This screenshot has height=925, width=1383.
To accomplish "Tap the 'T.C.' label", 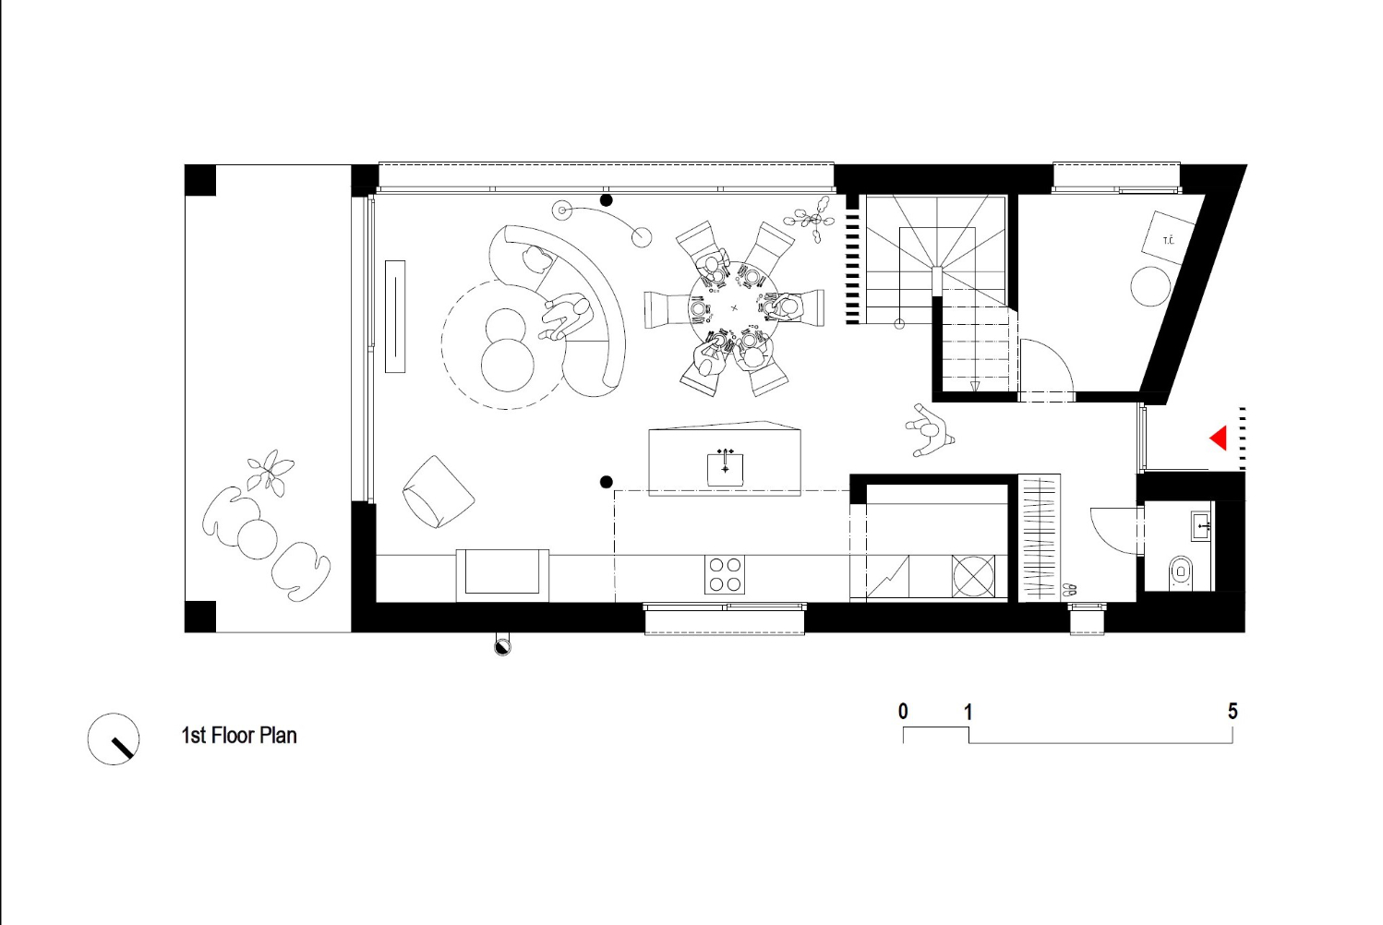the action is [x=1168, y=240].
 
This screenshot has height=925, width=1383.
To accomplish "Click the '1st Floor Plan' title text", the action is [x=239, y=736].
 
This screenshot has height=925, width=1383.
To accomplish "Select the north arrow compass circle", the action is [x=114, y=739].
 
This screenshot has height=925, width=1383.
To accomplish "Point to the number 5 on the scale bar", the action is [x=1233, y=712].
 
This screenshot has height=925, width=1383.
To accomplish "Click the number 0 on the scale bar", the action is [x=903, y=712].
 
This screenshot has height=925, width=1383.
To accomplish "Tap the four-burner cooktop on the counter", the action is [x=724, y=574].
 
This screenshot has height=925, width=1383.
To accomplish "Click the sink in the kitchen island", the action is [x=725, y=469].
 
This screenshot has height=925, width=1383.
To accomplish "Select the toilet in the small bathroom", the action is [x=1181, y=573].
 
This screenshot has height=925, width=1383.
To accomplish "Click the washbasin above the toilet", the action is [x=1201, y=525].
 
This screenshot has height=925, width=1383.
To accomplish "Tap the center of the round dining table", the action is [x=734, y=306].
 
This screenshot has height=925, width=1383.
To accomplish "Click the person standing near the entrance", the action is [x=929, y=430].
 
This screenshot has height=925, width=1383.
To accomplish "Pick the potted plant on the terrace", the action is [x=271, y=472].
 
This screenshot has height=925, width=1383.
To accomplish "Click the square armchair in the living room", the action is [x=438, y=492].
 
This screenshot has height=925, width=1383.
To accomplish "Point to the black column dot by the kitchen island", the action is [x=607, y=482].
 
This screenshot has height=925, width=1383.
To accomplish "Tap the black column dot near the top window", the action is [x=607, y=200].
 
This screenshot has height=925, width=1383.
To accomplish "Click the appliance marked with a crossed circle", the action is [x=973, y=576].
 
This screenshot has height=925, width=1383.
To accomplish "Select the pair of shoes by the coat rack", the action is [x=1069, y=590].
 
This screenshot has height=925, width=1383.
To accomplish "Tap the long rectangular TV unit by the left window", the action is [x=395, y=316].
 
